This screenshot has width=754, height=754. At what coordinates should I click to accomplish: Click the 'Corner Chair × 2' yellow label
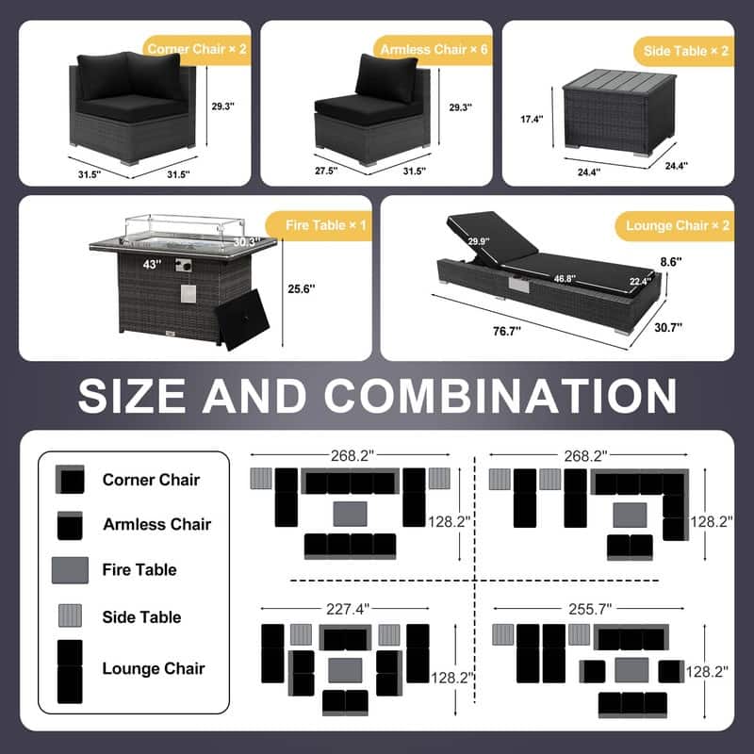(197, 50)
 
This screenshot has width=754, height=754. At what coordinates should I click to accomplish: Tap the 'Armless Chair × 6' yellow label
(434, 50)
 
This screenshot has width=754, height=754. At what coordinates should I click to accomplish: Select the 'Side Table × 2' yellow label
(685, 52)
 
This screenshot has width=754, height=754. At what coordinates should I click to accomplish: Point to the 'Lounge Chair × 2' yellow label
(677, 226)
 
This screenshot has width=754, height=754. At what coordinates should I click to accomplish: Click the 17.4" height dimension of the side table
(532, 119)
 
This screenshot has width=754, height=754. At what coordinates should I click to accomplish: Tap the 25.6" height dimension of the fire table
(302, 289)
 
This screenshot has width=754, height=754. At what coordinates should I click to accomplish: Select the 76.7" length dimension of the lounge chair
(507, 332)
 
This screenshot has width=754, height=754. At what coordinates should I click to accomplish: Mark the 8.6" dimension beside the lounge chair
(671, 262)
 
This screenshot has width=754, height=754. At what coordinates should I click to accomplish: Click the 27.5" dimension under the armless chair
(326, 171)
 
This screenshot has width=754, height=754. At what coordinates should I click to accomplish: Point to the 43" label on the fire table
(152, 264)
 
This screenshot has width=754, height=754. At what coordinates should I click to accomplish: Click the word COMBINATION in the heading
(500, 396)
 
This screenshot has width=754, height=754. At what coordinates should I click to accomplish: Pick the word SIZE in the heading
(132, 396)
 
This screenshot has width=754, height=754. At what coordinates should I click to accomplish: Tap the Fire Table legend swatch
(70, 570)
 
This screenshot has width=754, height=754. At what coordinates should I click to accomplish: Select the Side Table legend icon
(70, 615)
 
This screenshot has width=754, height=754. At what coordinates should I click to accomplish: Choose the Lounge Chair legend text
(154, 668)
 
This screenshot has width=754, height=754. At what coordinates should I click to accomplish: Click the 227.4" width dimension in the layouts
(348, 609)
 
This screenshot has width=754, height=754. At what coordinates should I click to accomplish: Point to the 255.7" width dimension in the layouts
(590, 609)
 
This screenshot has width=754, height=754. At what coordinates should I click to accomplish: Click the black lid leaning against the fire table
(242, 320)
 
